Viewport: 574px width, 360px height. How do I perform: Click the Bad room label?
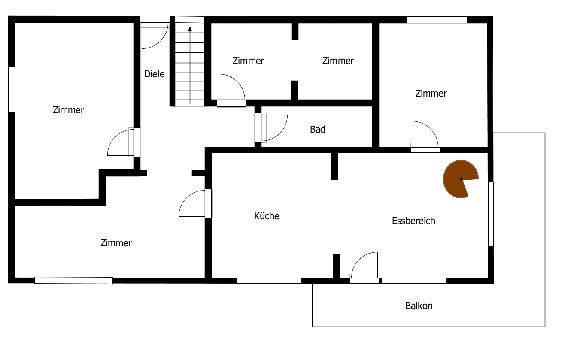(318, 129)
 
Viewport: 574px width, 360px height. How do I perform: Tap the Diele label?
(154, 74)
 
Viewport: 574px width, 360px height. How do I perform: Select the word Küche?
(267, 216)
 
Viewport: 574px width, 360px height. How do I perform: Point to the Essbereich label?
(413, 221)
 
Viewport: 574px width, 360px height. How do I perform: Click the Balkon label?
(419, 306)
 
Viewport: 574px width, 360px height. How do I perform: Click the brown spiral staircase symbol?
(459, 179)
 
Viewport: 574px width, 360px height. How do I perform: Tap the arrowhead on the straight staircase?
(190, 29)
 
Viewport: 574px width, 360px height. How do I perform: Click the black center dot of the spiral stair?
(461, 179)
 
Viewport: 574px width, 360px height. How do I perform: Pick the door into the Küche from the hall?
(195, 203)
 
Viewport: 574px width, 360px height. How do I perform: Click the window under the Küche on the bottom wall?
(269, 281)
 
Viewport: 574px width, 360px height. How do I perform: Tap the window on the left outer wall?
(12, 89)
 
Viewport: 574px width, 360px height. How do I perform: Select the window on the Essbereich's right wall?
(491, 214)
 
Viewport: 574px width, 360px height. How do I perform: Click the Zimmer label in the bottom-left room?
(116, 243)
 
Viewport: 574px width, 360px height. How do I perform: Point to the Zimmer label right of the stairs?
(248, 61)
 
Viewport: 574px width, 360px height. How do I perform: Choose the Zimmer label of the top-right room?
(431, 93)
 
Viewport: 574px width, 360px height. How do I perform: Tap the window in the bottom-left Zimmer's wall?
(73, 280)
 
